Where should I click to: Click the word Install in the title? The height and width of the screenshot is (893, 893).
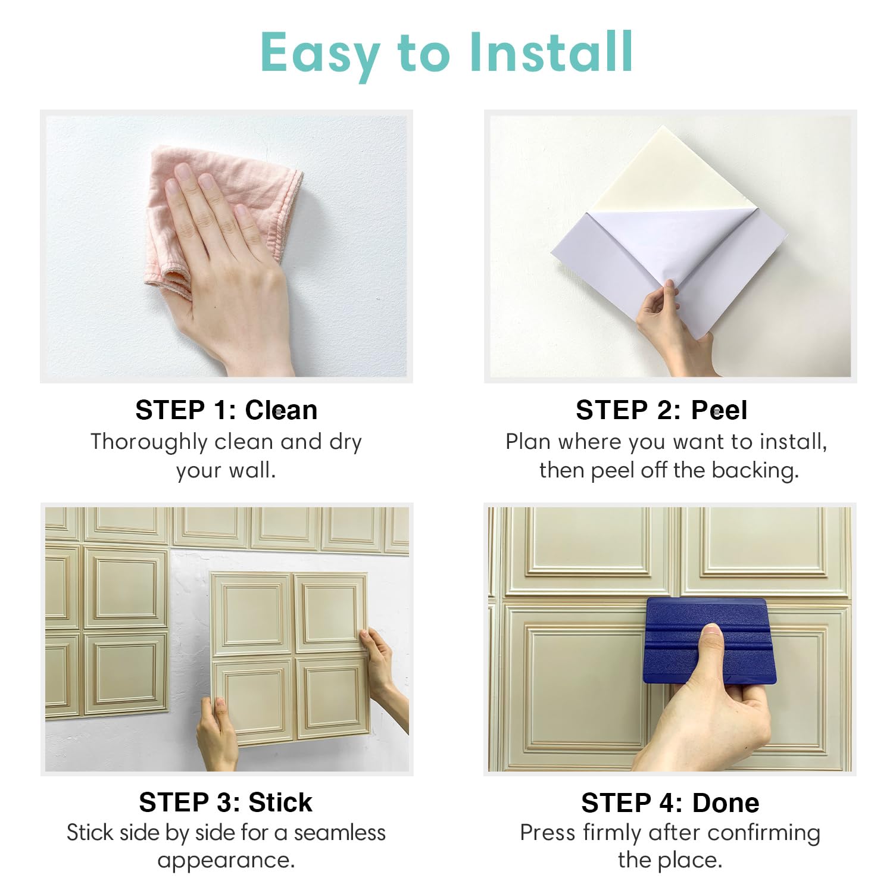pyautogui.click(x=551, y=52)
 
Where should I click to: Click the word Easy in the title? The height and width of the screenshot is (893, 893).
pyautogui.click(x=320, y=54)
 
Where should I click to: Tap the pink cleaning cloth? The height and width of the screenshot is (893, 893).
pyautogui.click(x=262, y=179)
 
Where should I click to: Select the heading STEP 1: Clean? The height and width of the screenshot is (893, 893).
pyautogui.click(x=226, y=410)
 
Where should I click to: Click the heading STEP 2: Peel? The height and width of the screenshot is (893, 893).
pyautogui.click(x=661, y=410)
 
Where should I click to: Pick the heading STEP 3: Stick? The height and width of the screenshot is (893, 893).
pyautogui.click(x=226, y=803)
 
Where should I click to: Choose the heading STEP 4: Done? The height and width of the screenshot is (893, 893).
pyautogui.click(x=670, y=803)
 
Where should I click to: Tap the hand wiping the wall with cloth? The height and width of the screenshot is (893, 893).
pyautogui.click(x=232, y=268)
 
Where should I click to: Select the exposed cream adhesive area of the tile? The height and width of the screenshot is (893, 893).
pyautogui.click(x=661, y=173)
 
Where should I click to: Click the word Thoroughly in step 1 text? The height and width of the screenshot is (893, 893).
pyautogui.click(x=148, y=442)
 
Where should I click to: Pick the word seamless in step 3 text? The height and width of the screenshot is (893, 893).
pyautogui.click(x=339, y=833)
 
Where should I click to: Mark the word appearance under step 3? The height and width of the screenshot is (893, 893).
pyautogui.click(x=226, y=861)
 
